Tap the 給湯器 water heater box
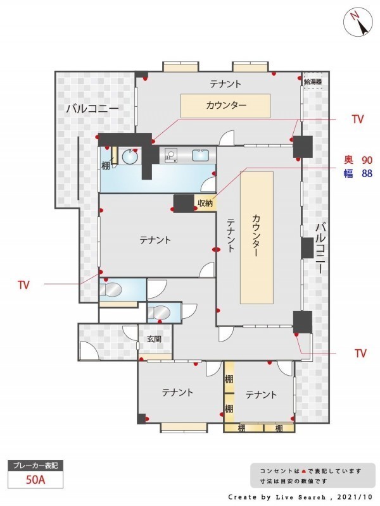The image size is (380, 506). click(x=313, y=82)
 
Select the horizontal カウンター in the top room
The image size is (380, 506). click(x=225, y=106)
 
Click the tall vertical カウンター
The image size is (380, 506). click(x=256, y=238)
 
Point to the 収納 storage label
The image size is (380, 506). click(x=205, y=203)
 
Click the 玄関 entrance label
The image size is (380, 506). click(x=154, y=339)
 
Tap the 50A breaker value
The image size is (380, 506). click(x=35, y=480)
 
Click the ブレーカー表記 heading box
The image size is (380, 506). click(x=35, y=466)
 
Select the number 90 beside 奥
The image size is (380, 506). click(x=367, y=160)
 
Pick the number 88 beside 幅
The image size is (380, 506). click(x=367, y=173)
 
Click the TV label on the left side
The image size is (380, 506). click(x=23, y=285)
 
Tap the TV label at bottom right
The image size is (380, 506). click(x=360, y=353)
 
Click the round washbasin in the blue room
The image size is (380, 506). click(x=130, y=157)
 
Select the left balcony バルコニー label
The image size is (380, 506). click(x=92, y=109)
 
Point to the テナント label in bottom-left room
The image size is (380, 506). click(x=177, y=392)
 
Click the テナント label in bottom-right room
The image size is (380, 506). click(x=261, y=395)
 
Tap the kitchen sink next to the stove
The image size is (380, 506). click(x=201, y=156)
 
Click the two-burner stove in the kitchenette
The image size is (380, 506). click(x=170, y=155)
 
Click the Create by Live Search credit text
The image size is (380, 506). click(x=300, y=497)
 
